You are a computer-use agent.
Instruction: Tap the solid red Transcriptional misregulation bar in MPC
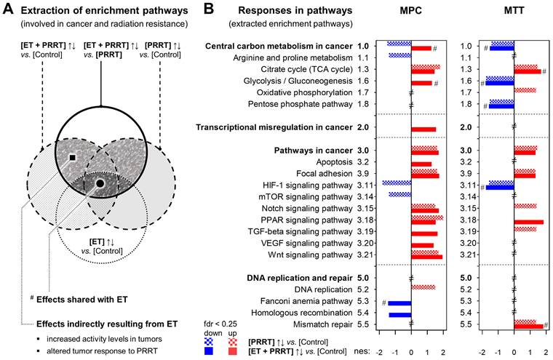pyautogui.click(x=423, y=129)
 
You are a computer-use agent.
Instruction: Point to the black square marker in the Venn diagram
pyautogui.click(x=72, y=156)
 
